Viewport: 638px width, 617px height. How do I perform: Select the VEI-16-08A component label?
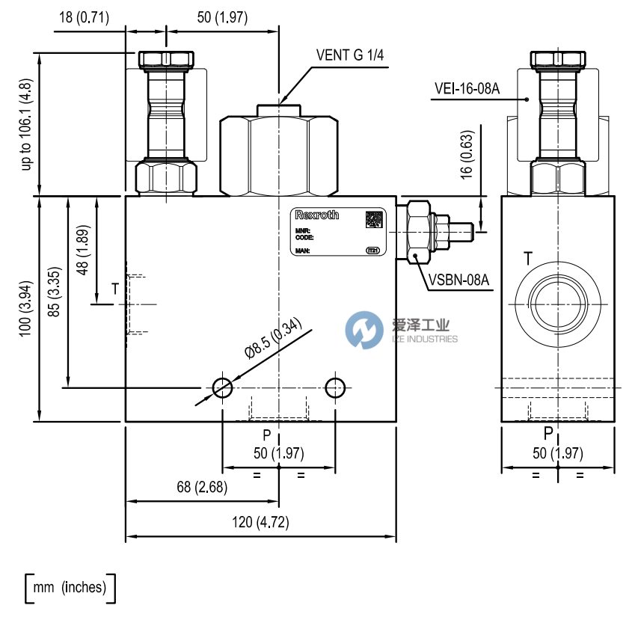tap(467, 89)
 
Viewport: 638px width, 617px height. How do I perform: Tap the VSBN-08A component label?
tap(459, 280)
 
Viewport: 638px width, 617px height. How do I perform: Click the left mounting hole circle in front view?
tap(222, 387)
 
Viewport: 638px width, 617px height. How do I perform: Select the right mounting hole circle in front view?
tap(335, 387)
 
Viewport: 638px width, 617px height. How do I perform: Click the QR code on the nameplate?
tap(374, 220)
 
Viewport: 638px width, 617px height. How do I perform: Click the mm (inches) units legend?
tap(70, 588)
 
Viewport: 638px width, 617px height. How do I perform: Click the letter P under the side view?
tap(548, 433)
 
